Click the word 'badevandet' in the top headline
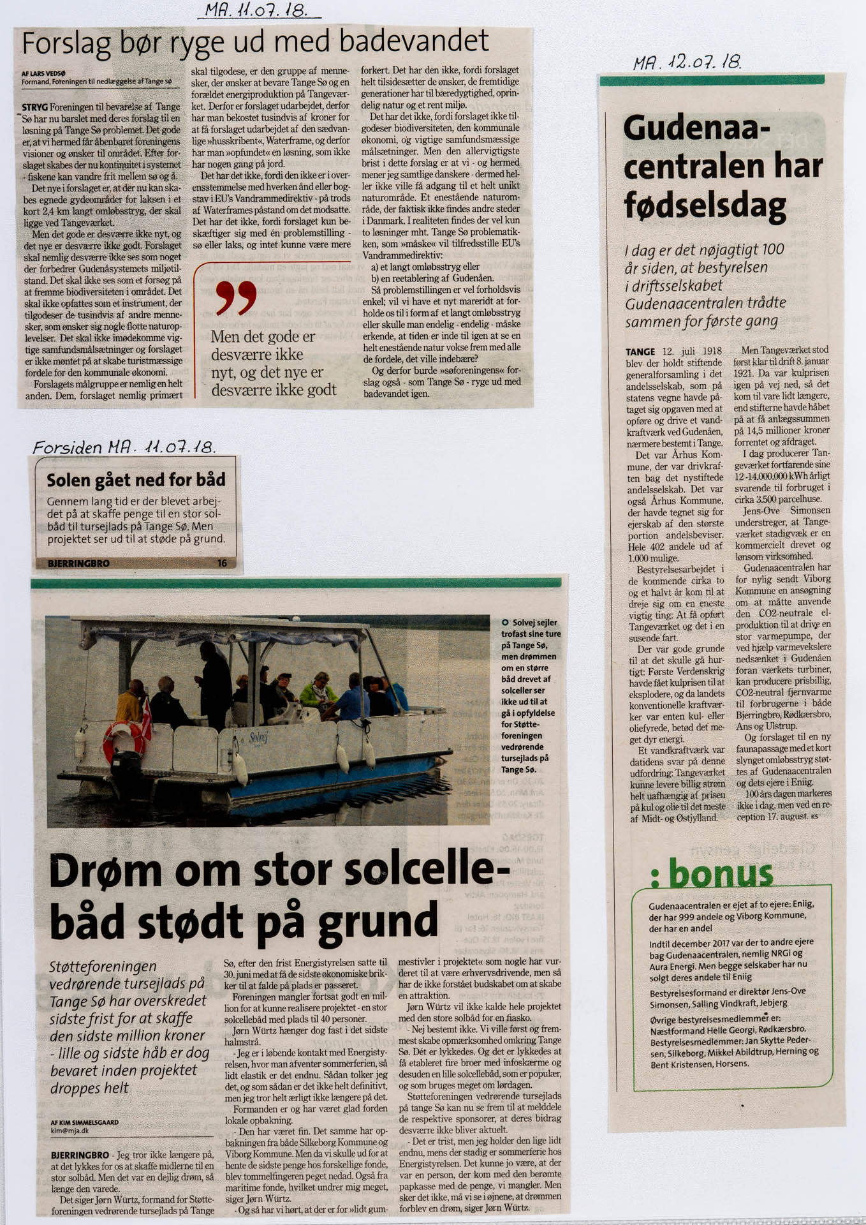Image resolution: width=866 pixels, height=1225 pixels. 414,42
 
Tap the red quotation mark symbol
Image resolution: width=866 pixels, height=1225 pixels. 236,298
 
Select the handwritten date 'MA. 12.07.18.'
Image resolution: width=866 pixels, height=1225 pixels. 686,63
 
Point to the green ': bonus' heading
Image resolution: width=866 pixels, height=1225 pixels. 712,873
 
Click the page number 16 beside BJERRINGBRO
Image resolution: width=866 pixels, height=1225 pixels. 222,563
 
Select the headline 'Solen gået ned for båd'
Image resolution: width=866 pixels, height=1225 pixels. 136,480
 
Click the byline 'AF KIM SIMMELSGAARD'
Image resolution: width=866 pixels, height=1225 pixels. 84,1122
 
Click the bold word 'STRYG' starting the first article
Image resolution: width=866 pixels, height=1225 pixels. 34,107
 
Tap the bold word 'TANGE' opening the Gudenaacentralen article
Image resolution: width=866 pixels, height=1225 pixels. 640,352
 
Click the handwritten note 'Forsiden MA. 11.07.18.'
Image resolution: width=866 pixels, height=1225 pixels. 124,447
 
